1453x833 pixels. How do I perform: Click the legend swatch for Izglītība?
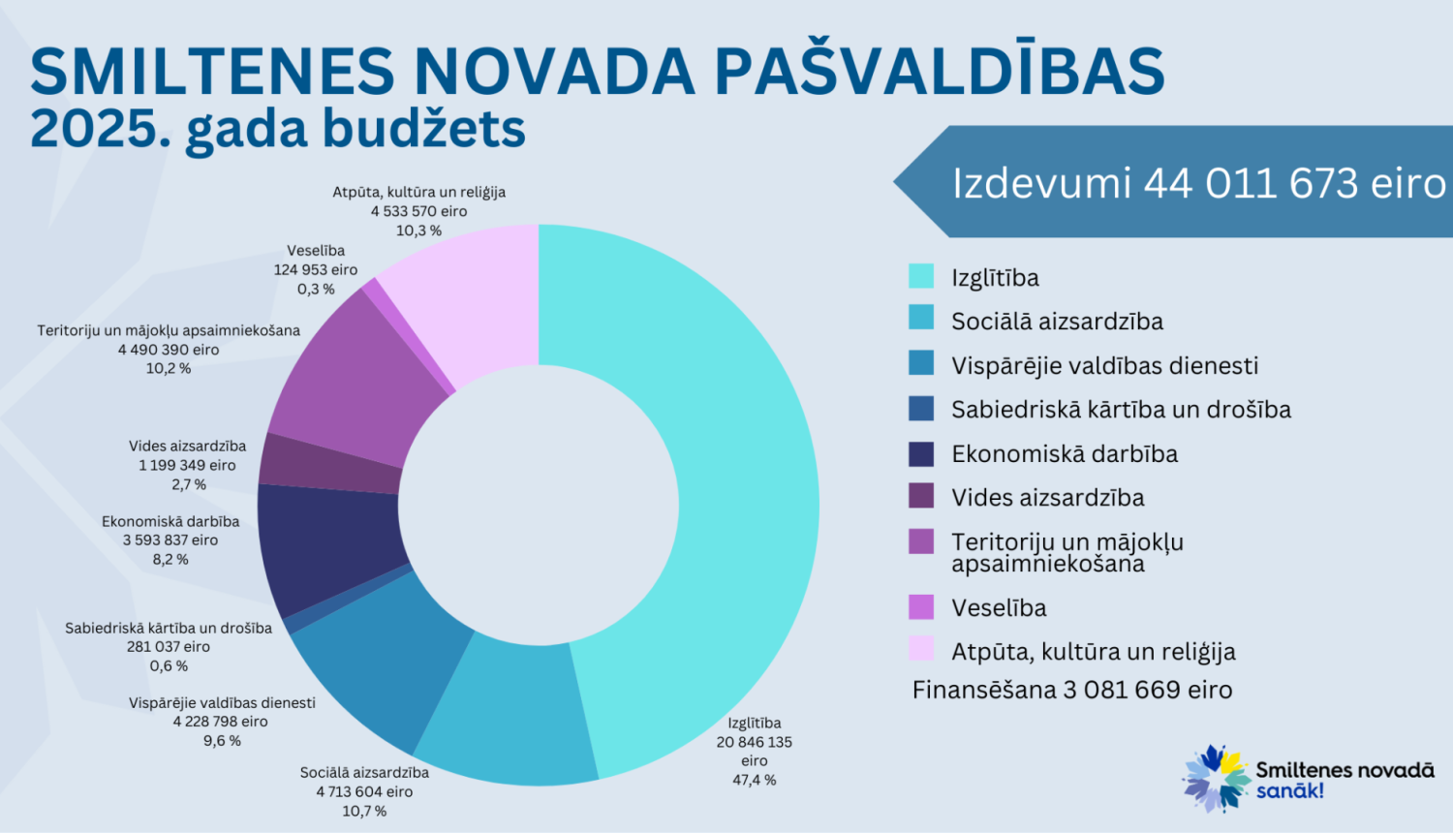point(921,277)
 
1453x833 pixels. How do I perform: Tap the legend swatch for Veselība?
point(921,607)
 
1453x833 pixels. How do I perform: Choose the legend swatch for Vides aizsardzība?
point(921,497)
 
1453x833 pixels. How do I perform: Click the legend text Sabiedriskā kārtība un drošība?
point(1121,410)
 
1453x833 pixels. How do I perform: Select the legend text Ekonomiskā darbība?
point(1064,453)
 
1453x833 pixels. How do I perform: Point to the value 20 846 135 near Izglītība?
point(754,742)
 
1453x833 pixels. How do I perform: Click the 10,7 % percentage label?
point(364,811)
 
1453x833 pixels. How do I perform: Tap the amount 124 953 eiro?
point(316,270)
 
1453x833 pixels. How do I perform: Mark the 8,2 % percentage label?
point(170,559)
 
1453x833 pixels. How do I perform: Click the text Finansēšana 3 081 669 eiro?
point(1071,690)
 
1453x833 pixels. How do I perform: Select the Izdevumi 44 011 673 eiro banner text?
point(1198,183)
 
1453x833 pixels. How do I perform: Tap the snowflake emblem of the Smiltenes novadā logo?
point(1216,777)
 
